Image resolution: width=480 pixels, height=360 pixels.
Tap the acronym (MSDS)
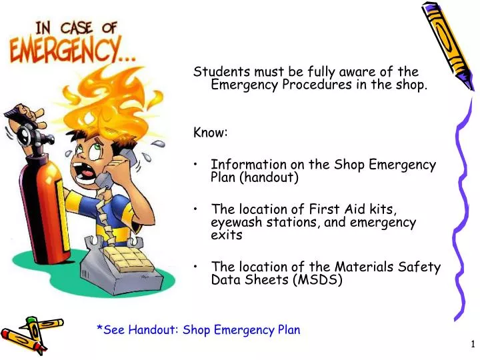pyautogui.click(x=317, y=280)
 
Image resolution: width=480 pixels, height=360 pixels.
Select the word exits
pyautogui.click(x=227, y=235)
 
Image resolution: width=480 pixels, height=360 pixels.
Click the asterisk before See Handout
pyautogui.click(x=99, y=329)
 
